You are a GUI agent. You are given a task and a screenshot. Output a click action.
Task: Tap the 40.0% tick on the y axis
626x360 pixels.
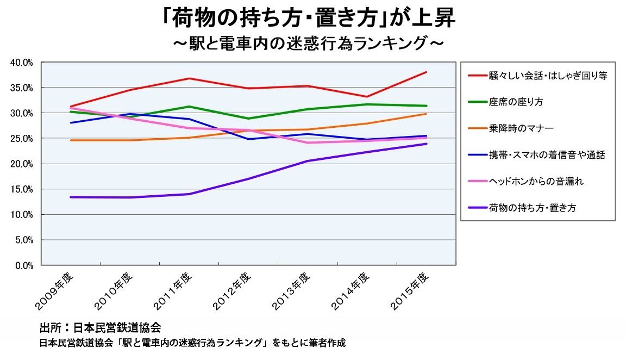22,63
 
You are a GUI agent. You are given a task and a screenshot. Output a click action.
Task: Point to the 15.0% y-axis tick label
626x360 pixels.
22,189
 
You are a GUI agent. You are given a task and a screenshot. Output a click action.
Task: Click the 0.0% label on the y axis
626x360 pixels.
24,265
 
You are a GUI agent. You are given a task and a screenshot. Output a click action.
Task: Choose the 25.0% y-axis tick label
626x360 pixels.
22,139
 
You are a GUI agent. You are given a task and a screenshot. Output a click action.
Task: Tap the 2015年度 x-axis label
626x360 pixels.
411,291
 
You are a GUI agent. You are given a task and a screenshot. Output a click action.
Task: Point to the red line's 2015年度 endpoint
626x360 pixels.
426,72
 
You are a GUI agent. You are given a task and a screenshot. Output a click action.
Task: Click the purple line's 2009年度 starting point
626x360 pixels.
71,197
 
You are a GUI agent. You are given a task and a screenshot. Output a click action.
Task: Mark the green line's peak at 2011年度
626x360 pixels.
189,107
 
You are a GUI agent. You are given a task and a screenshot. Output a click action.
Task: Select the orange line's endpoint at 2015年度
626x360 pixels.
426,114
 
